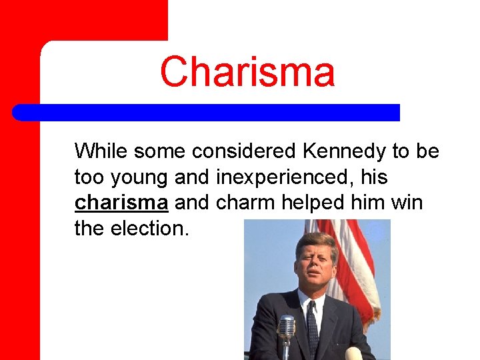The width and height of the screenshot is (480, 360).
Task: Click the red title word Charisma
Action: point(247,71)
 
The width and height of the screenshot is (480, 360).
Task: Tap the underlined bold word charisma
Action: point(121,203)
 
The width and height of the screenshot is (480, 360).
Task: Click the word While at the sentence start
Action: point(101,151)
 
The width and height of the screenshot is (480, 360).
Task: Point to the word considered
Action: point(245,151)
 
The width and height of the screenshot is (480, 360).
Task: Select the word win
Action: point(407,203)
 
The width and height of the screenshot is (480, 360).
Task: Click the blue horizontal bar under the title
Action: point(207,112)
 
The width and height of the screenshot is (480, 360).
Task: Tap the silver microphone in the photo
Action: point(286,328)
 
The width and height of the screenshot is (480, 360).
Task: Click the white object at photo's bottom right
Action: point(353,353)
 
